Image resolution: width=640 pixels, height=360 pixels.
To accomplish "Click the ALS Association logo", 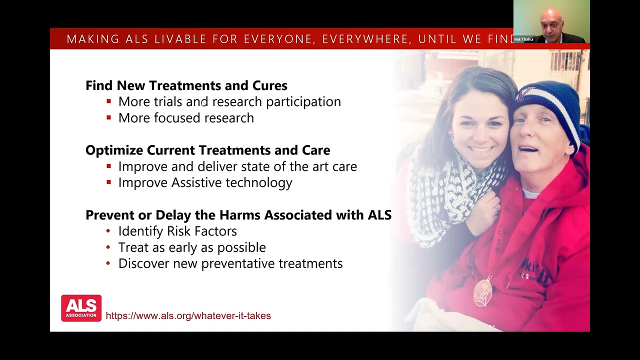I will (81, 308).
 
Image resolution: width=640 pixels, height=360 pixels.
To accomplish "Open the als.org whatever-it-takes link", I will (188, 315).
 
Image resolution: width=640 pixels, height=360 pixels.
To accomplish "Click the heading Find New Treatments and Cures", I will (186, 85).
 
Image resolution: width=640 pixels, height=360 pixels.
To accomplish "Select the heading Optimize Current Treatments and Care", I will (207, 150).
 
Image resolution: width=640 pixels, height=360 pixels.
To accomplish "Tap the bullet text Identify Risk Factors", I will (177, 231).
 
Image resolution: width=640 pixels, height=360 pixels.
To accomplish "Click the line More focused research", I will (185, 118).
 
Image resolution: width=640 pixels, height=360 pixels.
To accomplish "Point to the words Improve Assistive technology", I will (205, 182).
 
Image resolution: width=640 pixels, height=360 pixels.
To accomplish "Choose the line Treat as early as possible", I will (191, 247).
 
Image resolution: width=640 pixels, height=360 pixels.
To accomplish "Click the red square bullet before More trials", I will (108, 101).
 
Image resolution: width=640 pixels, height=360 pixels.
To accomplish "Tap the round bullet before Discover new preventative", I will (108, 263).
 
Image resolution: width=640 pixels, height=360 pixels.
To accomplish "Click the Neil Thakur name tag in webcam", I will (523, 39).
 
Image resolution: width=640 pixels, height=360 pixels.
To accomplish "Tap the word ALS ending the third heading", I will (379, 215).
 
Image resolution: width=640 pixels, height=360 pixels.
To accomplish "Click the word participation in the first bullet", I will (303, 101).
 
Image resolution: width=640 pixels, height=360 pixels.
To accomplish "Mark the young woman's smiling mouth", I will (481, 149).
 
